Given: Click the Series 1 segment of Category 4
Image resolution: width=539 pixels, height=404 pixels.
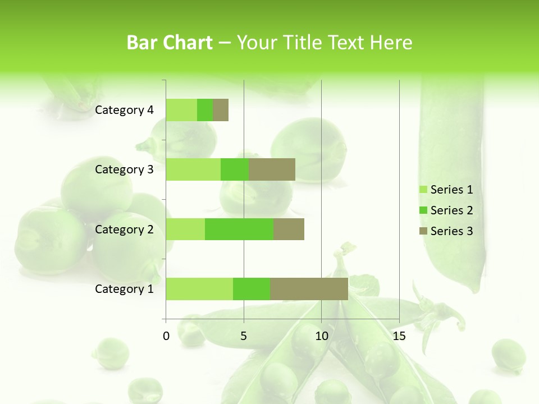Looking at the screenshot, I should [x=181, y=110].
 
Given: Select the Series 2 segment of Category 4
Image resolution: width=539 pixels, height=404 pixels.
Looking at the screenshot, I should [x=205, y=110].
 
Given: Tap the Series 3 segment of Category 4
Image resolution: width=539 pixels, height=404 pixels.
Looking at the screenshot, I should [x=221, y=110].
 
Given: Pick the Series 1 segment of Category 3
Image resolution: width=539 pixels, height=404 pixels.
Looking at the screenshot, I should [x=193, y=169].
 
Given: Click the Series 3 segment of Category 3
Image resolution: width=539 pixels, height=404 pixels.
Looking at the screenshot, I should [x=272, y=169].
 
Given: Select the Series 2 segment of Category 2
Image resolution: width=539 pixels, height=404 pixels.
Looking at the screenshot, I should [x=239, y=229].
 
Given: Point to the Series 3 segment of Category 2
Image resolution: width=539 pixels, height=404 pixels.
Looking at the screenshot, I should [x=289, y=229].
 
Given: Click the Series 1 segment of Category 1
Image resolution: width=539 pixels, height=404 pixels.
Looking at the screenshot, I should [x=199, y=289].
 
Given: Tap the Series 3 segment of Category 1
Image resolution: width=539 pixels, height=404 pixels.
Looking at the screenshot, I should [x=309, y=289].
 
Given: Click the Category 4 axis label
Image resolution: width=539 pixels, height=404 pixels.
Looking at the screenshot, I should [x=124, y=110].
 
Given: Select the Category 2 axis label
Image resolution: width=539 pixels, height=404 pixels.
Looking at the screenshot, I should [x=124, y=229].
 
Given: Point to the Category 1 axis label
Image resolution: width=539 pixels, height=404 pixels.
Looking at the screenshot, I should [x=124, y=289].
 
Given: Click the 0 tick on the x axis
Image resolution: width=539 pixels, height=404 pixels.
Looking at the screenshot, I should [x=166, y=336].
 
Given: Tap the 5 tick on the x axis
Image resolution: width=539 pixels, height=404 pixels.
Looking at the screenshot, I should [x=244, y=336].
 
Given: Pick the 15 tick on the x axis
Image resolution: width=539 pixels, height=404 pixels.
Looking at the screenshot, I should [x=399, y=336].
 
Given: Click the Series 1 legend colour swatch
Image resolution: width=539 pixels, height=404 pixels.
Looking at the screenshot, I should [x=423, y=190].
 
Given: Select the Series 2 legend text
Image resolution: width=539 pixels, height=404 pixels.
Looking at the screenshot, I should [x=451, y=210].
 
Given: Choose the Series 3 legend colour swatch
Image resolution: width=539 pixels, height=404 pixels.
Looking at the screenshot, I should [x=423, y=231].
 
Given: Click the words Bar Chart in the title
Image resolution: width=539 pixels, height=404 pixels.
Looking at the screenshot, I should [x=170, y=43].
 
